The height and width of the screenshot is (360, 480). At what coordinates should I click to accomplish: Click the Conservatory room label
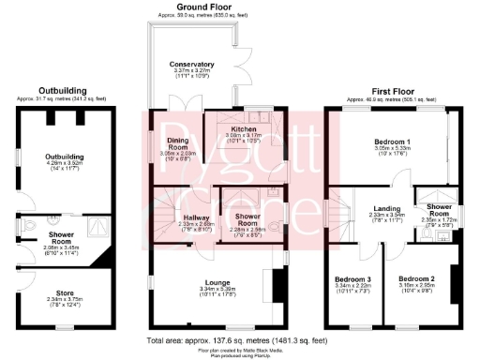tap(192, 65)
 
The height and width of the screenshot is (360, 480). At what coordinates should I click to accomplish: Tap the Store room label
tap(62, 293)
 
